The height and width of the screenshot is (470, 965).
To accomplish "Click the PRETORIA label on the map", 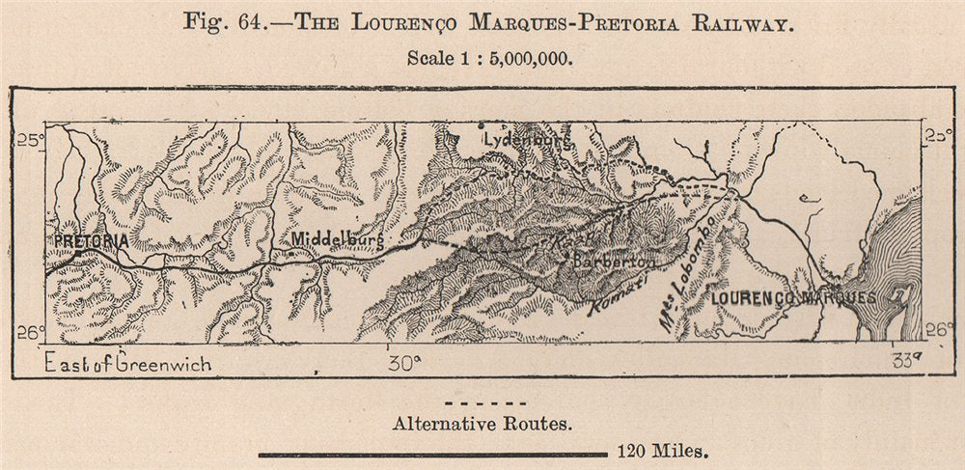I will [x=91, y=240].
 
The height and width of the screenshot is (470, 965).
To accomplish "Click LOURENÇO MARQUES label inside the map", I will [x=792, y=298].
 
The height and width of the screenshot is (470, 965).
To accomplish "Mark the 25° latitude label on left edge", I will [x=30, y=142].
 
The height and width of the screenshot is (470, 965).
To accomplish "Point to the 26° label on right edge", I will [x=935, y=330].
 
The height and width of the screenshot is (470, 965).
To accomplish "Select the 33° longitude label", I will [x=908, y=363].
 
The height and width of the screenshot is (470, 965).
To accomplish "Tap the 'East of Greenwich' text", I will [x=127, y=364].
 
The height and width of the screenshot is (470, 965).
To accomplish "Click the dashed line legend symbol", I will [x=488, y=402].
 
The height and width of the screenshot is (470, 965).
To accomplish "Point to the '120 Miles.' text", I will [x=659, y=451].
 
